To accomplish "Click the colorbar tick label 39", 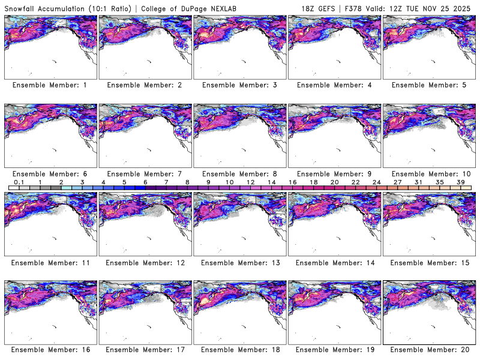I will coord(461,182).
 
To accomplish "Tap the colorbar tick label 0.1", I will coord(19,182).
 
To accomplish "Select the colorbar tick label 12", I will coord(250,182).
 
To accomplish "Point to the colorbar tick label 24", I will coord(377,182).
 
